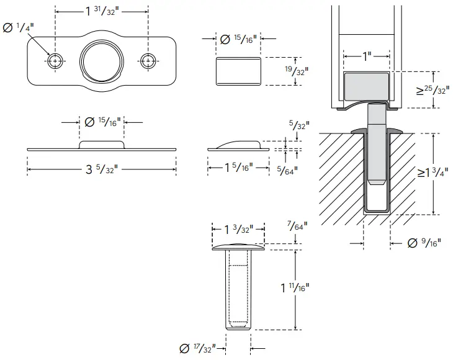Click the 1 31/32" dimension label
coord(102,11)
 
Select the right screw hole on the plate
coord(148,60)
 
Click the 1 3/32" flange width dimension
coord(238,229)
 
